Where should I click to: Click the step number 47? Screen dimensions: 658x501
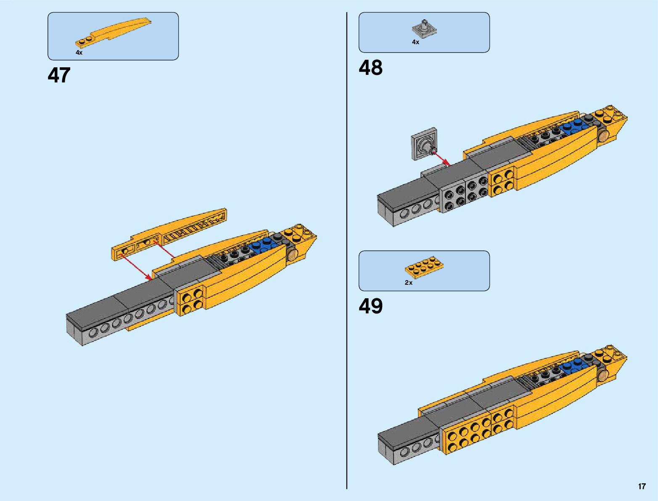tap(59, 76)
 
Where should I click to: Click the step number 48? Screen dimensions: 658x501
tap(370, 68)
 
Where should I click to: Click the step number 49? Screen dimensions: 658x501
tap(370, 306)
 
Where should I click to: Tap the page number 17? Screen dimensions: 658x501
tap(642, 486)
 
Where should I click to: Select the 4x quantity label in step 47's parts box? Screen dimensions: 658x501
tap(79, 53)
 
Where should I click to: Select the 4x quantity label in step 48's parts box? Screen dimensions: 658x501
tap(415, 42)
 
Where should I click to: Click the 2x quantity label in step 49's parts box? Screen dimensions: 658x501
tap(408, 283)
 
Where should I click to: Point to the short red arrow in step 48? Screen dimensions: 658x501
tap(441, 159)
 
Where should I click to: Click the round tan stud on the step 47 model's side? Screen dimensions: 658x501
tap(292, 254)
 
